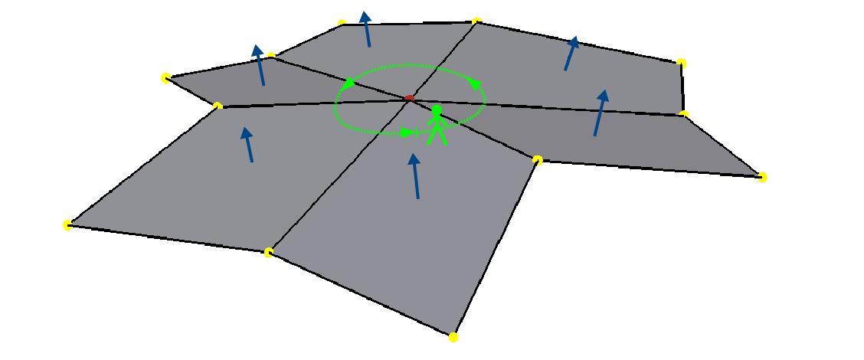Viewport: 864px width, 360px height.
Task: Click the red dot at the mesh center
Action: tap(410, 98)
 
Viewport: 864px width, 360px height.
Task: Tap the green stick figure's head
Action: tap(437, 110)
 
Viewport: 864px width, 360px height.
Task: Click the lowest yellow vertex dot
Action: tap(453, 337)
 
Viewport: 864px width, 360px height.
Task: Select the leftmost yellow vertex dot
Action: tap(67, 224)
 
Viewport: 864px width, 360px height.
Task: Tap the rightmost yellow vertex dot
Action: tap(762, 177)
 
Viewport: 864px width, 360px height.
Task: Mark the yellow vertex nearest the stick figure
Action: tap(538, 160)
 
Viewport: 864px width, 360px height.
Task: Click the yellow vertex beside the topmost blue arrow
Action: tap(342, 24)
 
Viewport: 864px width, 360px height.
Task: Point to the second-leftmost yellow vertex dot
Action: tap(165, 77)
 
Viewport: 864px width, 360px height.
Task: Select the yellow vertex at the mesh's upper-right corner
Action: tap(681, 62)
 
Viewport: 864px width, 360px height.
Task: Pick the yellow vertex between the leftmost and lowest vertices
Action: tap(269, 252)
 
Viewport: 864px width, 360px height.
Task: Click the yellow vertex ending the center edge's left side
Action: tap(218, 106)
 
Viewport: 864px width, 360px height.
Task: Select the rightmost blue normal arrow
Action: tap(599, 113)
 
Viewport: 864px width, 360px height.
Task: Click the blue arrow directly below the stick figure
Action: tap(416, 176)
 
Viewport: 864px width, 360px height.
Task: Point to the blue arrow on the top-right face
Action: tap(570, 54)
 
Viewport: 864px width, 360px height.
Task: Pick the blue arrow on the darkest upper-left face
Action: tap(260, 65)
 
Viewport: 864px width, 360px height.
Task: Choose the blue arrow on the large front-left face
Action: tap(248, 144)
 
